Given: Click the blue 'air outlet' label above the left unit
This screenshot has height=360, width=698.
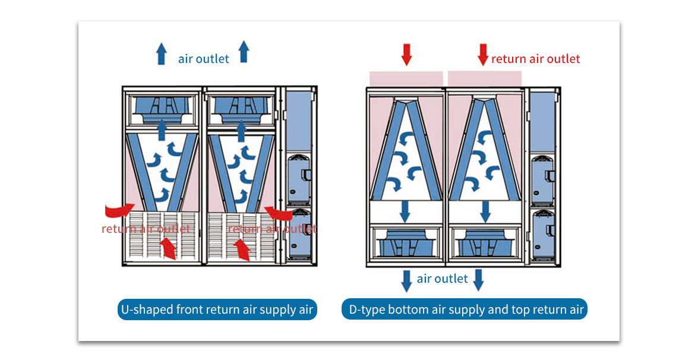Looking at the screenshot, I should [x=203, y=59].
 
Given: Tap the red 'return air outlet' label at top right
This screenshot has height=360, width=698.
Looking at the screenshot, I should [x=535, y=59].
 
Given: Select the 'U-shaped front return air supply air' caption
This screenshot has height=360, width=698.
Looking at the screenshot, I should [x=217, y=310].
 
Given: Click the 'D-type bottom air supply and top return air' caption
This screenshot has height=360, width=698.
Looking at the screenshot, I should [x=464, y=310].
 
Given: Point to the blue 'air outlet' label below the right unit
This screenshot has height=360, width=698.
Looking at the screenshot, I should [x=442, y=279].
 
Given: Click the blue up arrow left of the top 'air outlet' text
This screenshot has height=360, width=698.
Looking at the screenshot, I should [x=161, y=53].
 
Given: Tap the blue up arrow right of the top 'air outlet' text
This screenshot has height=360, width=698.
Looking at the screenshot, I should [x=243, y=52].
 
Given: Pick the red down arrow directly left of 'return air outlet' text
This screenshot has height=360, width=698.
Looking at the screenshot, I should [x=483, y=54].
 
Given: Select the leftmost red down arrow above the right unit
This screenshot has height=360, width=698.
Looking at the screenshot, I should [x=406, y=54].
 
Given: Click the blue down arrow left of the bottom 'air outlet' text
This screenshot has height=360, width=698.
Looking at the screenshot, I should [x=406, y=280].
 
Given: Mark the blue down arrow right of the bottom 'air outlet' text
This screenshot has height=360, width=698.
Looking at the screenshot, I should [x=478, y=280].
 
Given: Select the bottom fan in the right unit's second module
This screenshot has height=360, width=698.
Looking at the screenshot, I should [x=485, y=243].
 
